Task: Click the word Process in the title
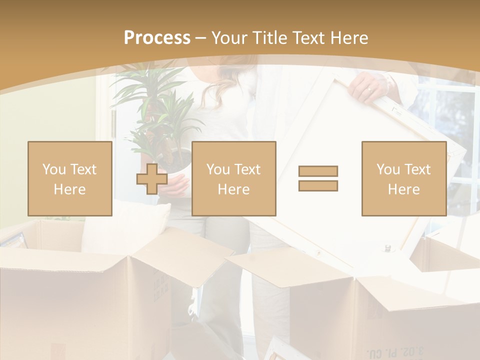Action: [157, 38]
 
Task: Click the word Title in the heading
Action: [268, 38]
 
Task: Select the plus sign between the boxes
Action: [152, 178]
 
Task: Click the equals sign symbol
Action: [318, 178]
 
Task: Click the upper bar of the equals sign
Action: [318, 171]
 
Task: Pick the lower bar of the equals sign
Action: [318, 185]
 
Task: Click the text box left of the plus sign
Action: [69, 178]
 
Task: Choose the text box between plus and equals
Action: [233, 178]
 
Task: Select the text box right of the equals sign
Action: [403, 178]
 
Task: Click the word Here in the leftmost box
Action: [69, 189]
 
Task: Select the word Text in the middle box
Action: [248, 169]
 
